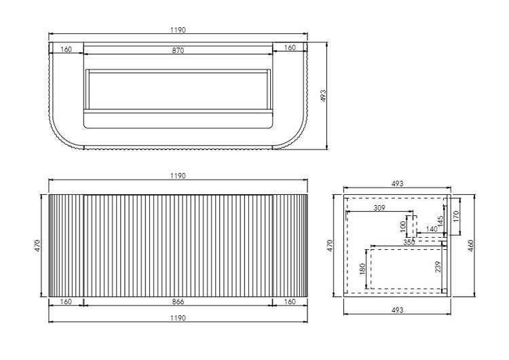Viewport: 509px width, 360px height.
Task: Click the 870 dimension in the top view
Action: [178, 50]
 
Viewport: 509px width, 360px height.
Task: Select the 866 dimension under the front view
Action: [178, 301]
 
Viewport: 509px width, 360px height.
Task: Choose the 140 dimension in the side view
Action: [432, 230]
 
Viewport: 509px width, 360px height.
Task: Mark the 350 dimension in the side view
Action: [409, 241]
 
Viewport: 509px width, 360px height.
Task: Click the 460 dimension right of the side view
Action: [470, 244]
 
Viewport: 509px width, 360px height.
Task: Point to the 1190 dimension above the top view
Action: [178, 30]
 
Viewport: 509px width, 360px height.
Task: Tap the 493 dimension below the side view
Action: [398, 310]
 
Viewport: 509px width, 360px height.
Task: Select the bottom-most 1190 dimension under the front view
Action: [178, 317]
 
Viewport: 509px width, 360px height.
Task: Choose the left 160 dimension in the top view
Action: [67, 50]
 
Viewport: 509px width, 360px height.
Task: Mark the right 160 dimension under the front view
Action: [290, 301]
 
